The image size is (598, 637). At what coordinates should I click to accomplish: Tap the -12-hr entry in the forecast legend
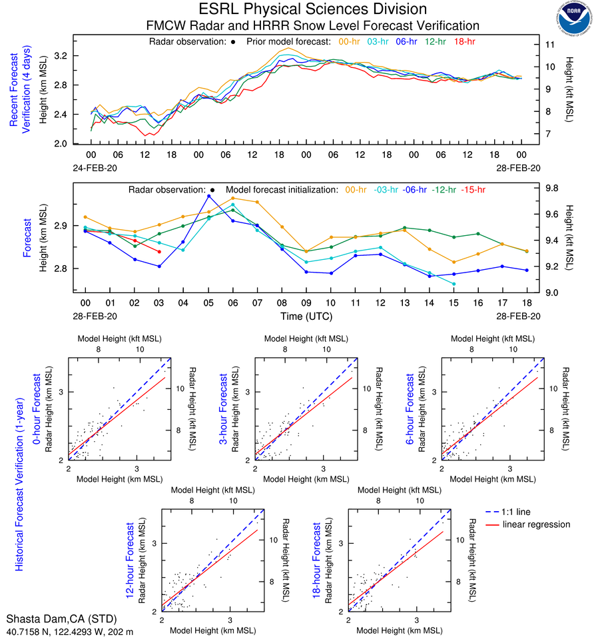click(444, 190)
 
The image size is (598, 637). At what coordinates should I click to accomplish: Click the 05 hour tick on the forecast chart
click(208, 302)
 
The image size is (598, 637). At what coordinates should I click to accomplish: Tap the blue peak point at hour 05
click(208, 196)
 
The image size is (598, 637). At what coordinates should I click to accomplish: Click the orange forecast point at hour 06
click(233, 198)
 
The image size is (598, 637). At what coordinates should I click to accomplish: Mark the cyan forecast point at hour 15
click(454, 284)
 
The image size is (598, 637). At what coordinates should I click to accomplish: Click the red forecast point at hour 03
click(159, 251)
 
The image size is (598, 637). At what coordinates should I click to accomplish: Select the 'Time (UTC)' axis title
click(306, 315)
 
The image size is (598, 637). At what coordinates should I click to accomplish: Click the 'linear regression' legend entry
click(537, 524)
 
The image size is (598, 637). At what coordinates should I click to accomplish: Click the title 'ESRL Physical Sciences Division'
click(312, 9)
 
